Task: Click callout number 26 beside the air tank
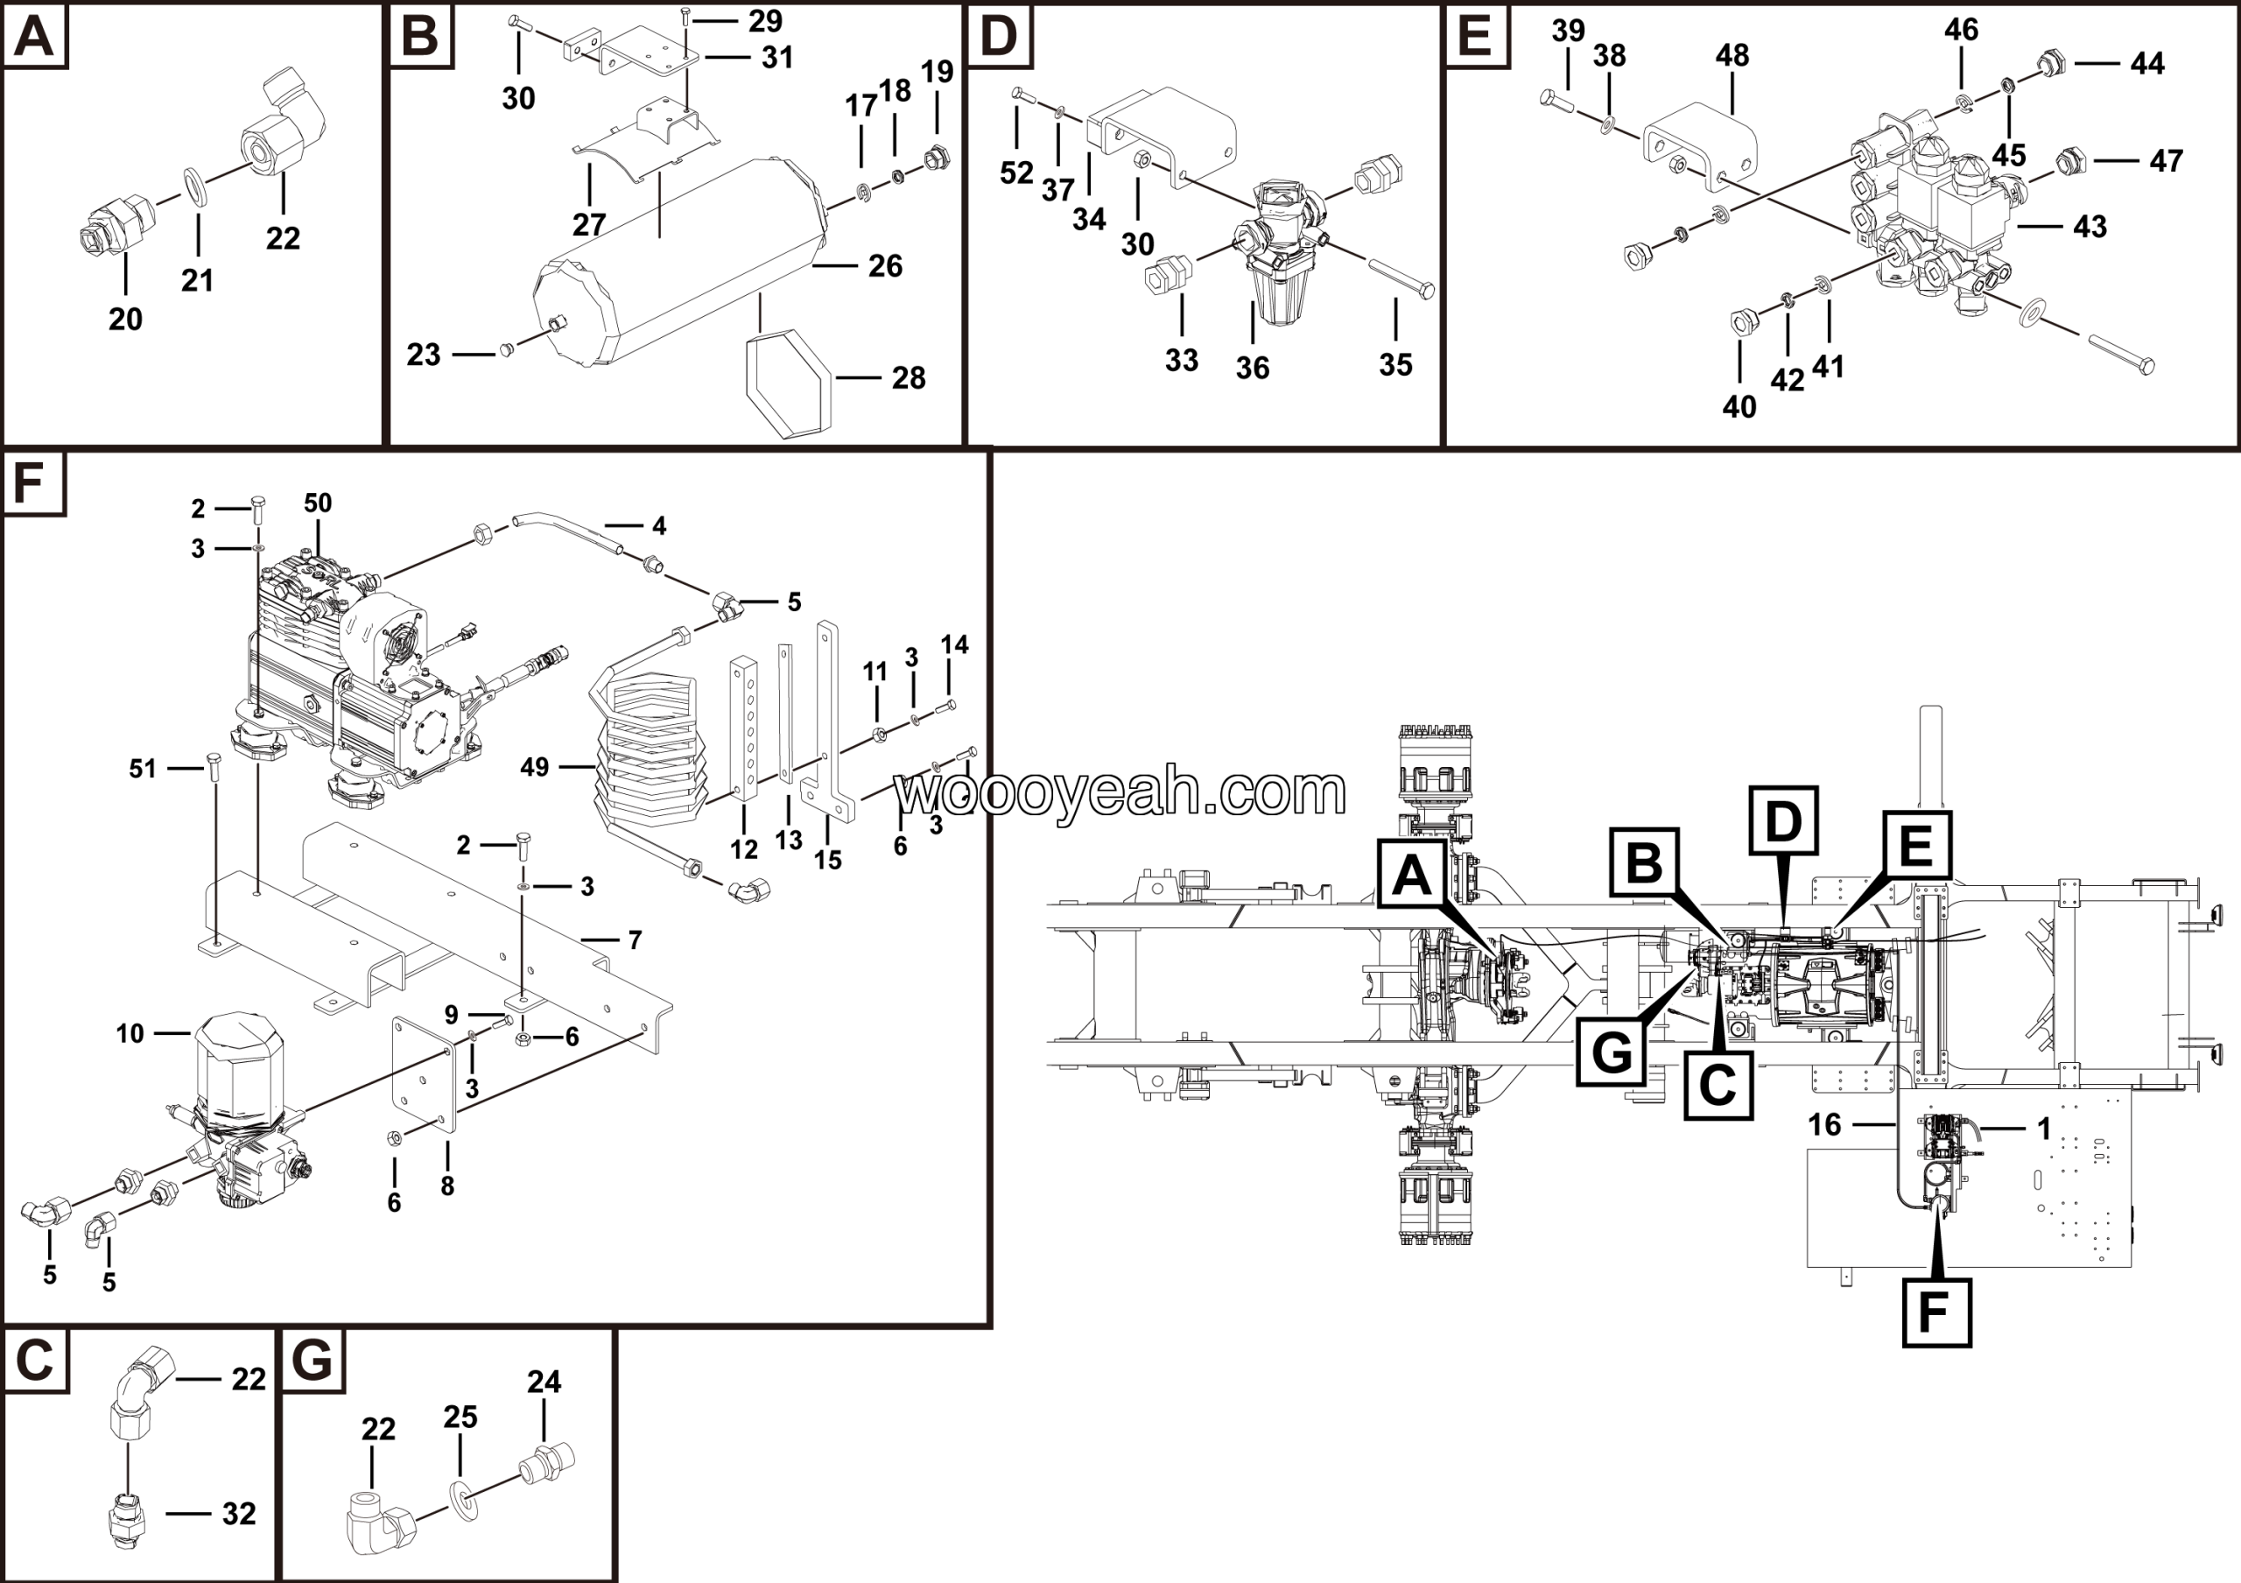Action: click(884, 265)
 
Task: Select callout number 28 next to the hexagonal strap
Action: click(908, 377)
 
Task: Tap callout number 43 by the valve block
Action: click(2089, 227)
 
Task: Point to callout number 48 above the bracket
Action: click(1732, 56)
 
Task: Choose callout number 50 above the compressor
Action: click(317, 503)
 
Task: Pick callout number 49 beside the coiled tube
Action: click(534, 767)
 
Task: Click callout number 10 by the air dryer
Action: click(130, 1033)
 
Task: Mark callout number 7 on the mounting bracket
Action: click(635, 939)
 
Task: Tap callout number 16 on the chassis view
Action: click(1823, 1124)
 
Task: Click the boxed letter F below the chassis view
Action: click(1935, 1312)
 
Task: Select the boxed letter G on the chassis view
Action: click(1611, 1053)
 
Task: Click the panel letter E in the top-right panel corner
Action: click(1474, 36)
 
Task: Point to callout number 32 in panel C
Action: click(238, 1513)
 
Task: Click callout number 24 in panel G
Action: click(544, 1381)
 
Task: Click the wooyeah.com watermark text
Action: click(1120, 791)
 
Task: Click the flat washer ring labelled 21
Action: click(195, 187)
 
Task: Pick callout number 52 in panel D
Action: click(1016, 172)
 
